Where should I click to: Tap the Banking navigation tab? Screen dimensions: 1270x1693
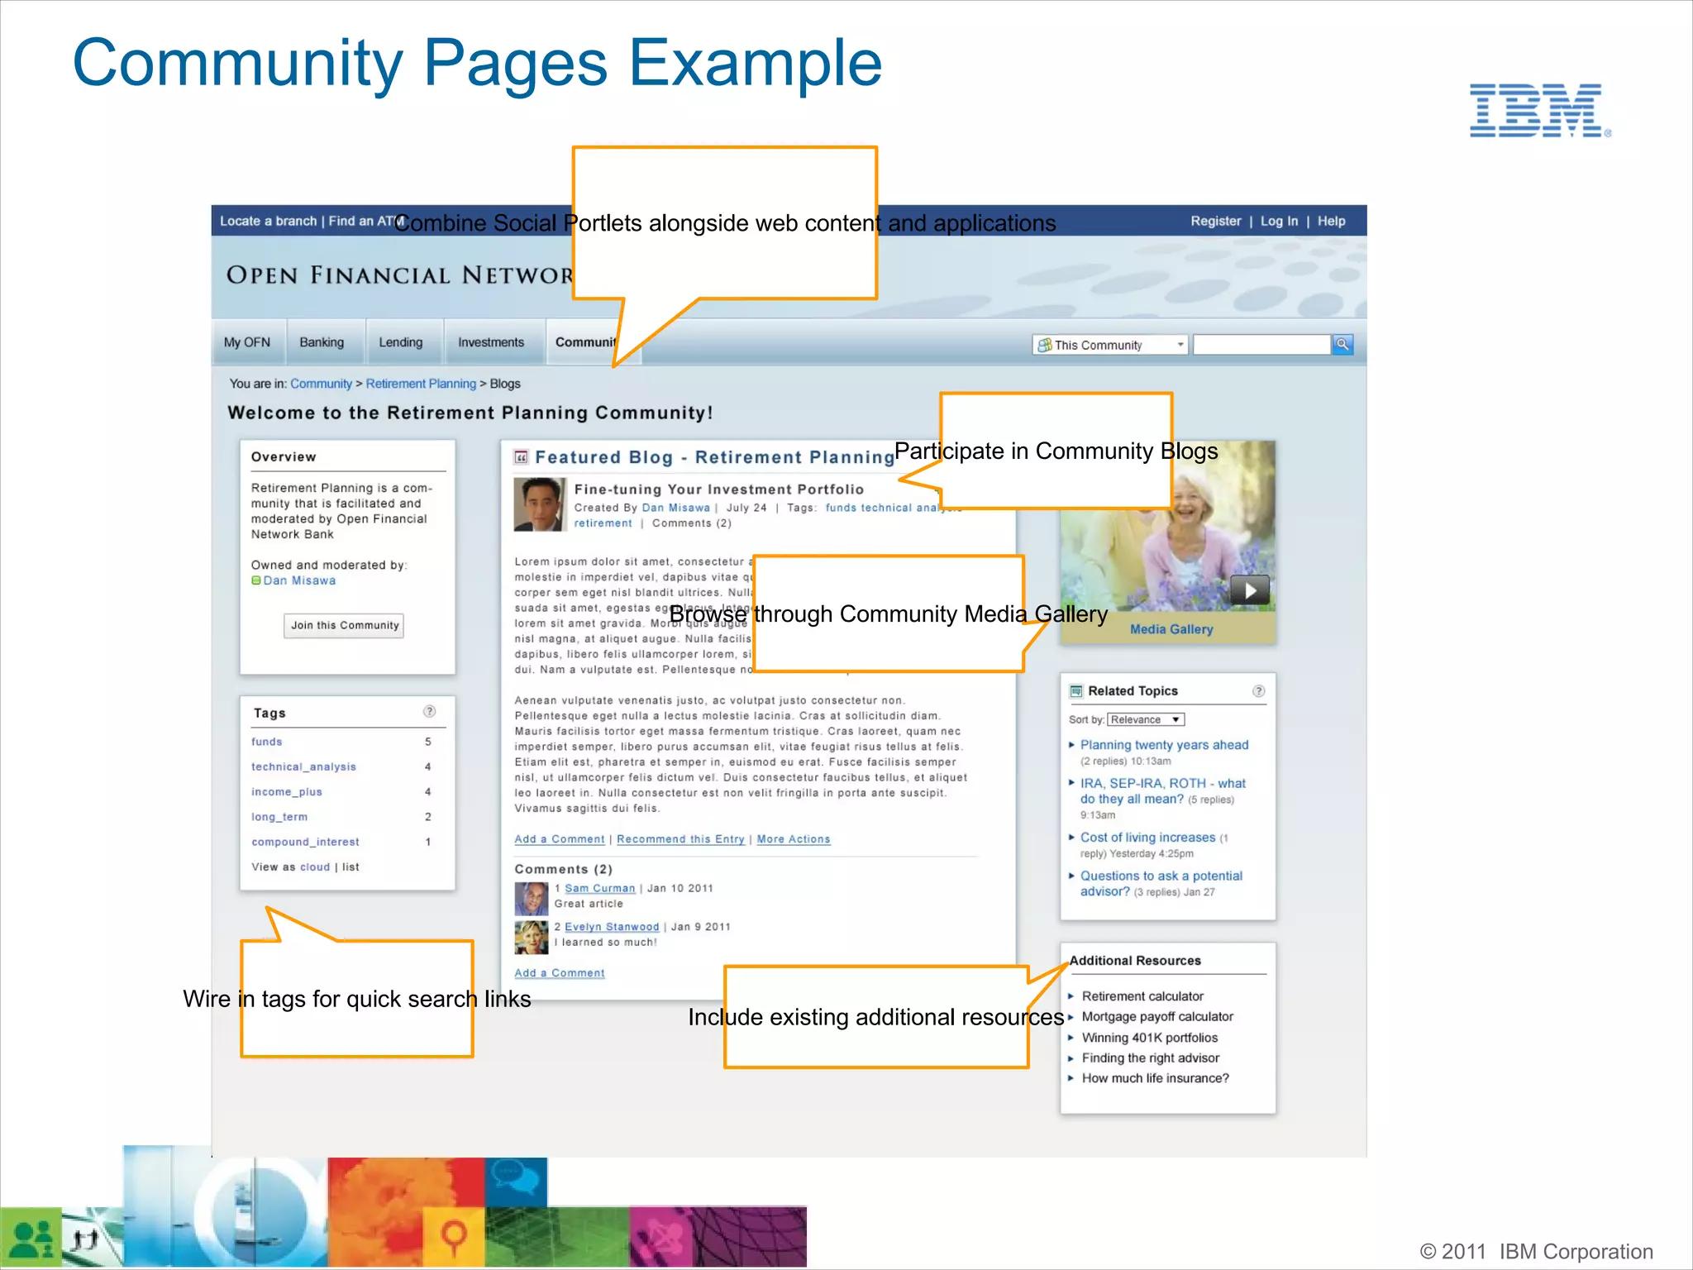pos(322,342)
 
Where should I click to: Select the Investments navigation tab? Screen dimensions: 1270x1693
pos(491,342)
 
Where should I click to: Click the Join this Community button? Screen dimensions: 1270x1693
pos(345,625)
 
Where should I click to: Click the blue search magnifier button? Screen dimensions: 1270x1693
pos(1342,344)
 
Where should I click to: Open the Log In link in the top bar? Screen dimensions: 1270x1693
pos(1279,221)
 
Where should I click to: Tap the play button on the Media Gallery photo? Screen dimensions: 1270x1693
pos(1250,590)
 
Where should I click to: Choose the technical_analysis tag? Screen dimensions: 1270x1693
pos(303,767)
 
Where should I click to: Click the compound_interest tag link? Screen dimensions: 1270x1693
pos(305,843)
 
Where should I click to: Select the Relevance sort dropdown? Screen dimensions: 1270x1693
pos(1146,720)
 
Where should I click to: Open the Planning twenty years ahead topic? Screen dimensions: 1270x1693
pos(1164,745)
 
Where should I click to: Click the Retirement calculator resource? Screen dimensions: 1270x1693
pos(1142,996)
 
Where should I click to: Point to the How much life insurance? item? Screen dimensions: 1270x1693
pos(1155,1078)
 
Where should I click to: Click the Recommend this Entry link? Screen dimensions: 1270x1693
pos(680,839)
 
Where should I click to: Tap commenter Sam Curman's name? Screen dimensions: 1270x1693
pos(599,888)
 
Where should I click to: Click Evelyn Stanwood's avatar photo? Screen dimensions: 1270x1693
pos(531,937)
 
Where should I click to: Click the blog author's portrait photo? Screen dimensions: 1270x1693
pos(539,504)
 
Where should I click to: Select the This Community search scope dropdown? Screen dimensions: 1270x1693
pos(1109,345)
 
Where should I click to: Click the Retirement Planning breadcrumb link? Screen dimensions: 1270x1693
pos(421,384)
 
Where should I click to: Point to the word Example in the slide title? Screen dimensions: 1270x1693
pos(756,64)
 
